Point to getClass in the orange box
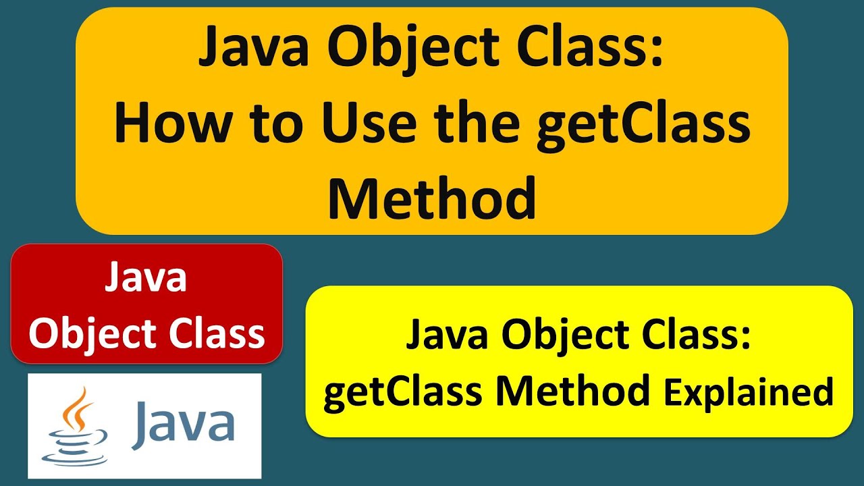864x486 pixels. pyautogui.click(x=643, y=126)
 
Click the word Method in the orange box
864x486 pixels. pyautogui.click(x=432, y=199)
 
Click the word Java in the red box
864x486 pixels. pyautogui.click(x=146, y=278)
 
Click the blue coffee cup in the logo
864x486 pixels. pyautogui.click(x=75, y=448)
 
